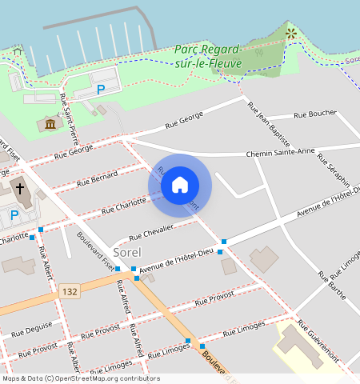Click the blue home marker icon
(x=180, y=185)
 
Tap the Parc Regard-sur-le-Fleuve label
(x=208, y=54)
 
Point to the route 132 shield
(x=69, y=294)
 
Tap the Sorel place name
(x=127, y=253)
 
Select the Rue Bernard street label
(x=97, y=178)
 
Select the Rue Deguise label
(x=33, y=327)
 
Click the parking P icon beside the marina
(x=101, y=90)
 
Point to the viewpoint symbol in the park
(x=291, y=34)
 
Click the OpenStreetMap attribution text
(x=81, y=378)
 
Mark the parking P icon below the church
(x=14, y=214)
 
